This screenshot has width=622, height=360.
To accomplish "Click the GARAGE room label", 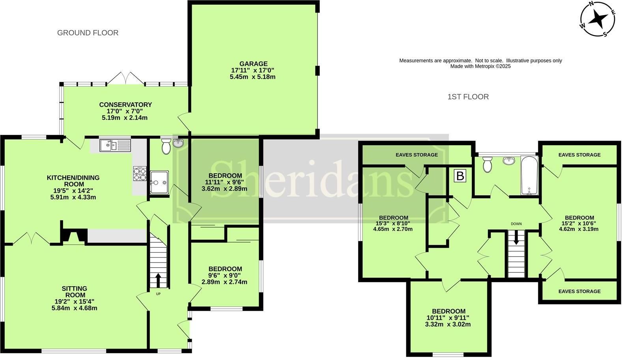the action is [x=253, y=64].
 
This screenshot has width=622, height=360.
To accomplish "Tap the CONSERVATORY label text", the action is [x=125, y=105].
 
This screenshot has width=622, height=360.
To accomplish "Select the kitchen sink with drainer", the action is [x=115, y=145].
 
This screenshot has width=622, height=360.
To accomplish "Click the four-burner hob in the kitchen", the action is [x=140, y=174].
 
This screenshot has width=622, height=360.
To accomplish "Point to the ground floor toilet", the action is [x=166, y=146].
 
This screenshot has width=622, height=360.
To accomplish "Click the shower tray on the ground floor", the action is [x=159, y=182].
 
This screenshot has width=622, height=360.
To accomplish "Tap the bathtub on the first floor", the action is [x=530, y=175].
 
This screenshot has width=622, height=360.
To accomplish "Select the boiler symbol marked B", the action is [x=460, y=176].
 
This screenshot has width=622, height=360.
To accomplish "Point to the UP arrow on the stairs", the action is [x=158, y=280].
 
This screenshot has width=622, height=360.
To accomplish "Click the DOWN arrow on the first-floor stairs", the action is [x=516, y=238].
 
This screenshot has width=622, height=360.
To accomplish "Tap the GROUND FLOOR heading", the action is [x=88, y=33].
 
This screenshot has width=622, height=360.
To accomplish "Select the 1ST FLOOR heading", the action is [x=468, y=97].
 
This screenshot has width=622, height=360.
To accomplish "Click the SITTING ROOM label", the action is [x=75, y=292].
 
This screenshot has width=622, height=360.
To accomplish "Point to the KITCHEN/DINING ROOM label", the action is [x=73, y=181].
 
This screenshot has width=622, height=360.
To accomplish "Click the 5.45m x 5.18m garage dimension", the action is [x=253, y=77].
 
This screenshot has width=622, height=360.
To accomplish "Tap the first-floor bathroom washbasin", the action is [x=508, y=160].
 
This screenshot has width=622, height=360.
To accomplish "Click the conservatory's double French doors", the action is [x=125, y=78].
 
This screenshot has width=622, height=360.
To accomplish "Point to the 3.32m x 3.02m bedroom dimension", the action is [x=448, y=324].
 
